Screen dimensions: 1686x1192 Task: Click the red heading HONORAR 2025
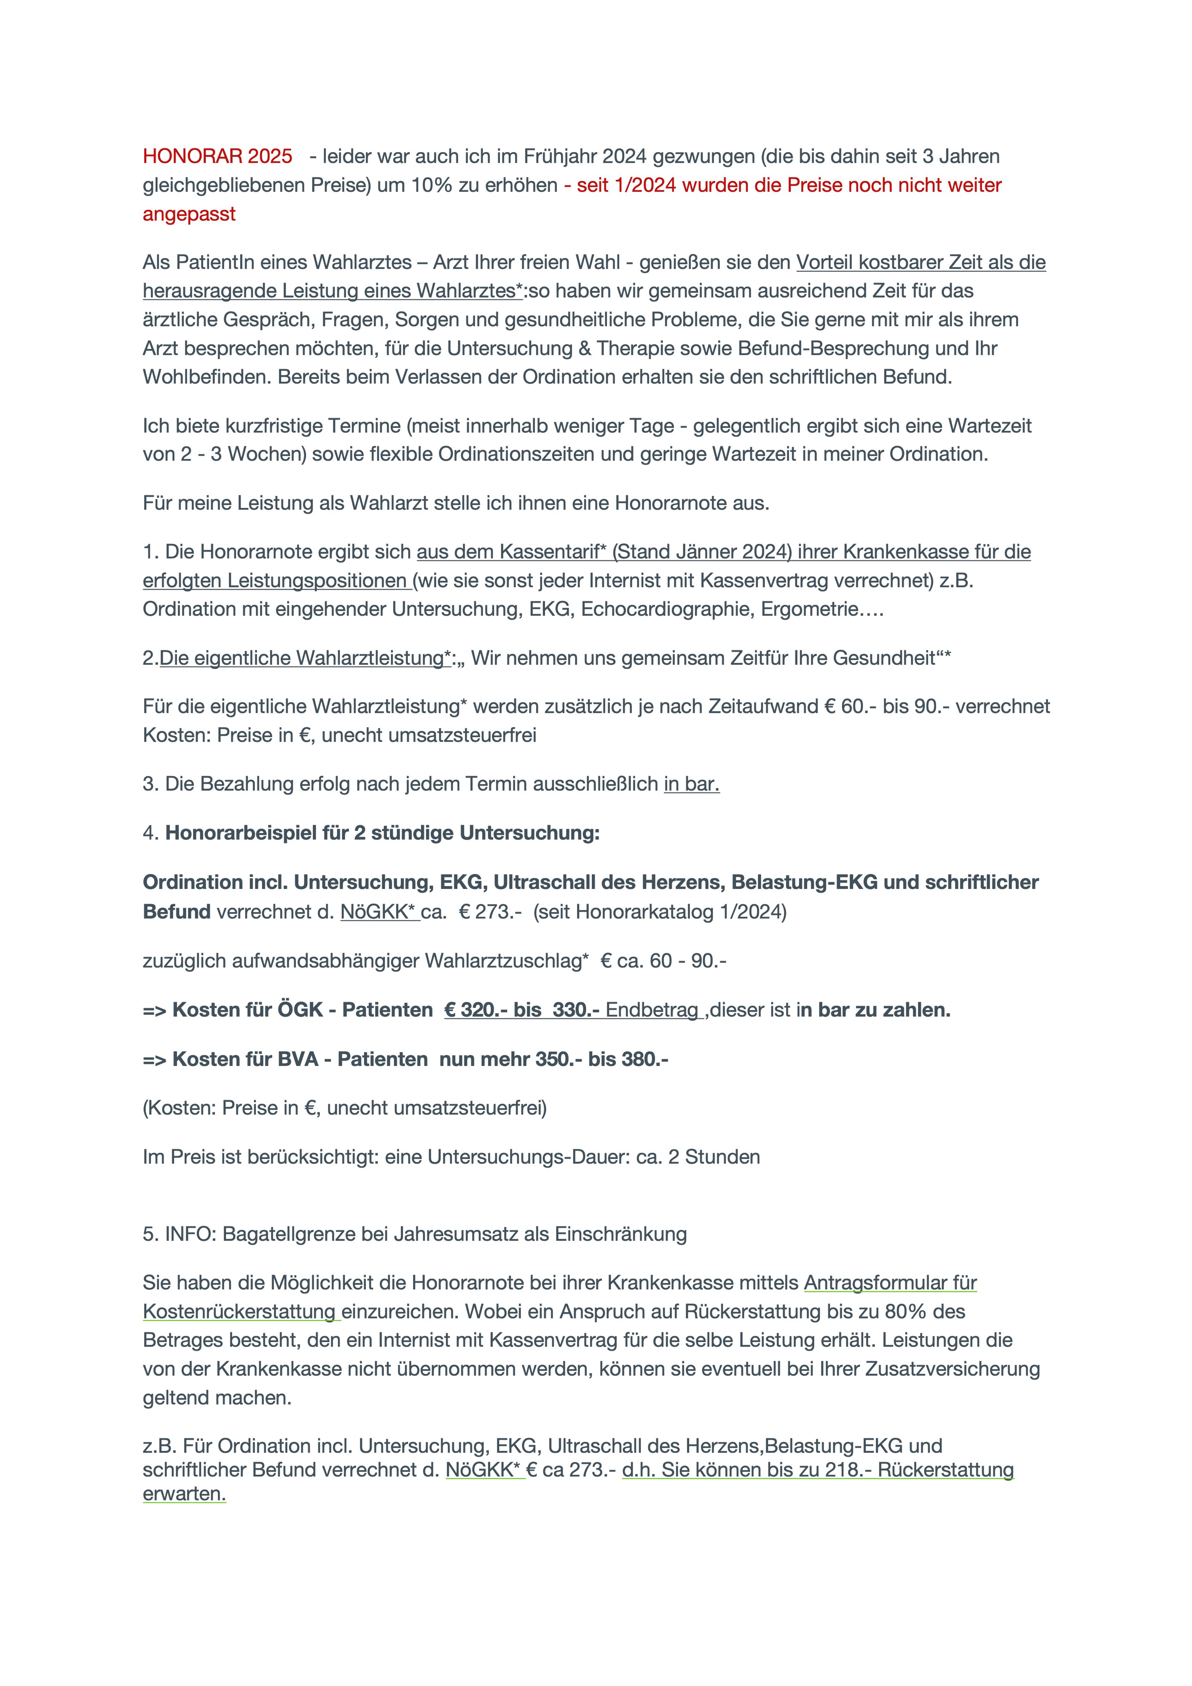tap(217, 156)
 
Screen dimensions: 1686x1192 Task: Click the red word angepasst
tap(189, 215)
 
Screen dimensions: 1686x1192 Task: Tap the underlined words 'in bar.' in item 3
tap(691, 784)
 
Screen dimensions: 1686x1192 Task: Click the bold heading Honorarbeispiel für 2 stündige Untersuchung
tap(382, 833)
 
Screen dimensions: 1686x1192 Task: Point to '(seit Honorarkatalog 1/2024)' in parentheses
tap(660, 912)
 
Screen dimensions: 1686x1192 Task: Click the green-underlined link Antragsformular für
tap(890, 1283)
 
